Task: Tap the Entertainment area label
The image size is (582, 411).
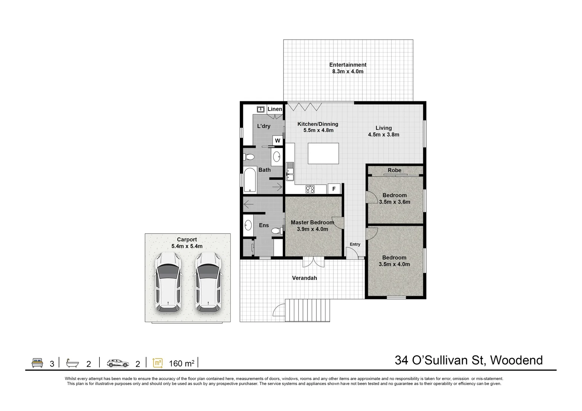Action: coord(348,65)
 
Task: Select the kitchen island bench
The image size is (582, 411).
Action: coord(323,153)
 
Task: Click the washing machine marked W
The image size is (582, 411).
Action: coord(277,141)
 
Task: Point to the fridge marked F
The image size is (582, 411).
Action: coord(334,189)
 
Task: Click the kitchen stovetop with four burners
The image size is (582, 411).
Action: coord(310,189)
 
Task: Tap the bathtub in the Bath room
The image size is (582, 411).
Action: coord(250,180)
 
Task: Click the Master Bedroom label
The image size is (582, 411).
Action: coord(312,223)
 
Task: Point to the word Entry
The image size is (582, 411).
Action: coord(355,244)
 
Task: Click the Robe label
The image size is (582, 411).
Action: coord(394,170)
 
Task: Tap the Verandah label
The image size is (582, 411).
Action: coord(304,278)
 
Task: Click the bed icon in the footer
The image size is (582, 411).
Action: coord(37,363)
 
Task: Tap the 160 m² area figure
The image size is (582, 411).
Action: coord(182,363)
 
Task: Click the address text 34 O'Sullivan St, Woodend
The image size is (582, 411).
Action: coord(469,360)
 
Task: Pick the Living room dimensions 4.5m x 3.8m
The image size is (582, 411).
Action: coord(383,135)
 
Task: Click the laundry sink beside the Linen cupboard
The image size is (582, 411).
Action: coord(261,110)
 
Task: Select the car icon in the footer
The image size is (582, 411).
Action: coord(118,363)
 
